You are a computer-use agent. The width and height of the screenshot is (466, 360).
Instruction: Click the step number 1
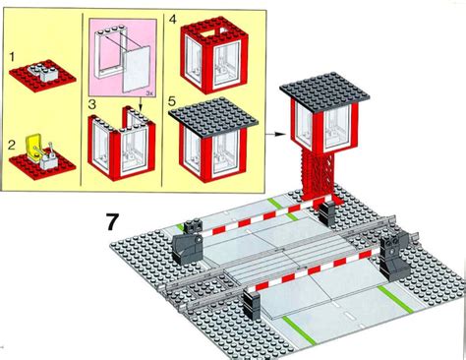(13, 57)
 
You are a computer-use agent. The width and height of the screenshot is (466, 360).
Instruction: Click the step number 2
(12, 145)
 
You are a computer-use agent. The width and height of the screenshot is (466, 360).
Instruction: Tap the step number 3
(92, 104)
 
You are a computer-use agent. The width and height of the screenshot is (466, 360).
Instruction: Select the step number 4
(172, 19)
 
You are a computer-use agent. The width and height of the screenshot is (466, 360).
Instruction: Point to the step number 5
(172, 101)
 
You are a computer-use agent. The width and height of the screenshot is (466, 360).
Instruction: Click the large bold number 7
(112, 222)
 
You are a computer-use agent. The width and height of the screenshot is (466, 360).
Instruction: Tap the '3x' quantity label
(149, 93)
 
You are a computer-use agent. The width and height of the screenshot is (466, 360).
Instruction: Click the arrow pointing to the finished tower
(272, 134)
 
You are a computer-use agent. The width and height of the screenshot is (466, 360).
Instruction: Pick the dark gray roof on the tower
(324, 91)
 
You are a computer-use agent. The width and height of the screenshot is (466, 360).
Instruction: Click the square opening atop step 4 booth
(213, 32)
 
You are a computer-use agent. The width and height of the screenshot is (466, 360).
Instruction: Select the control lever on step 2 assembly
(52, 149)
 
